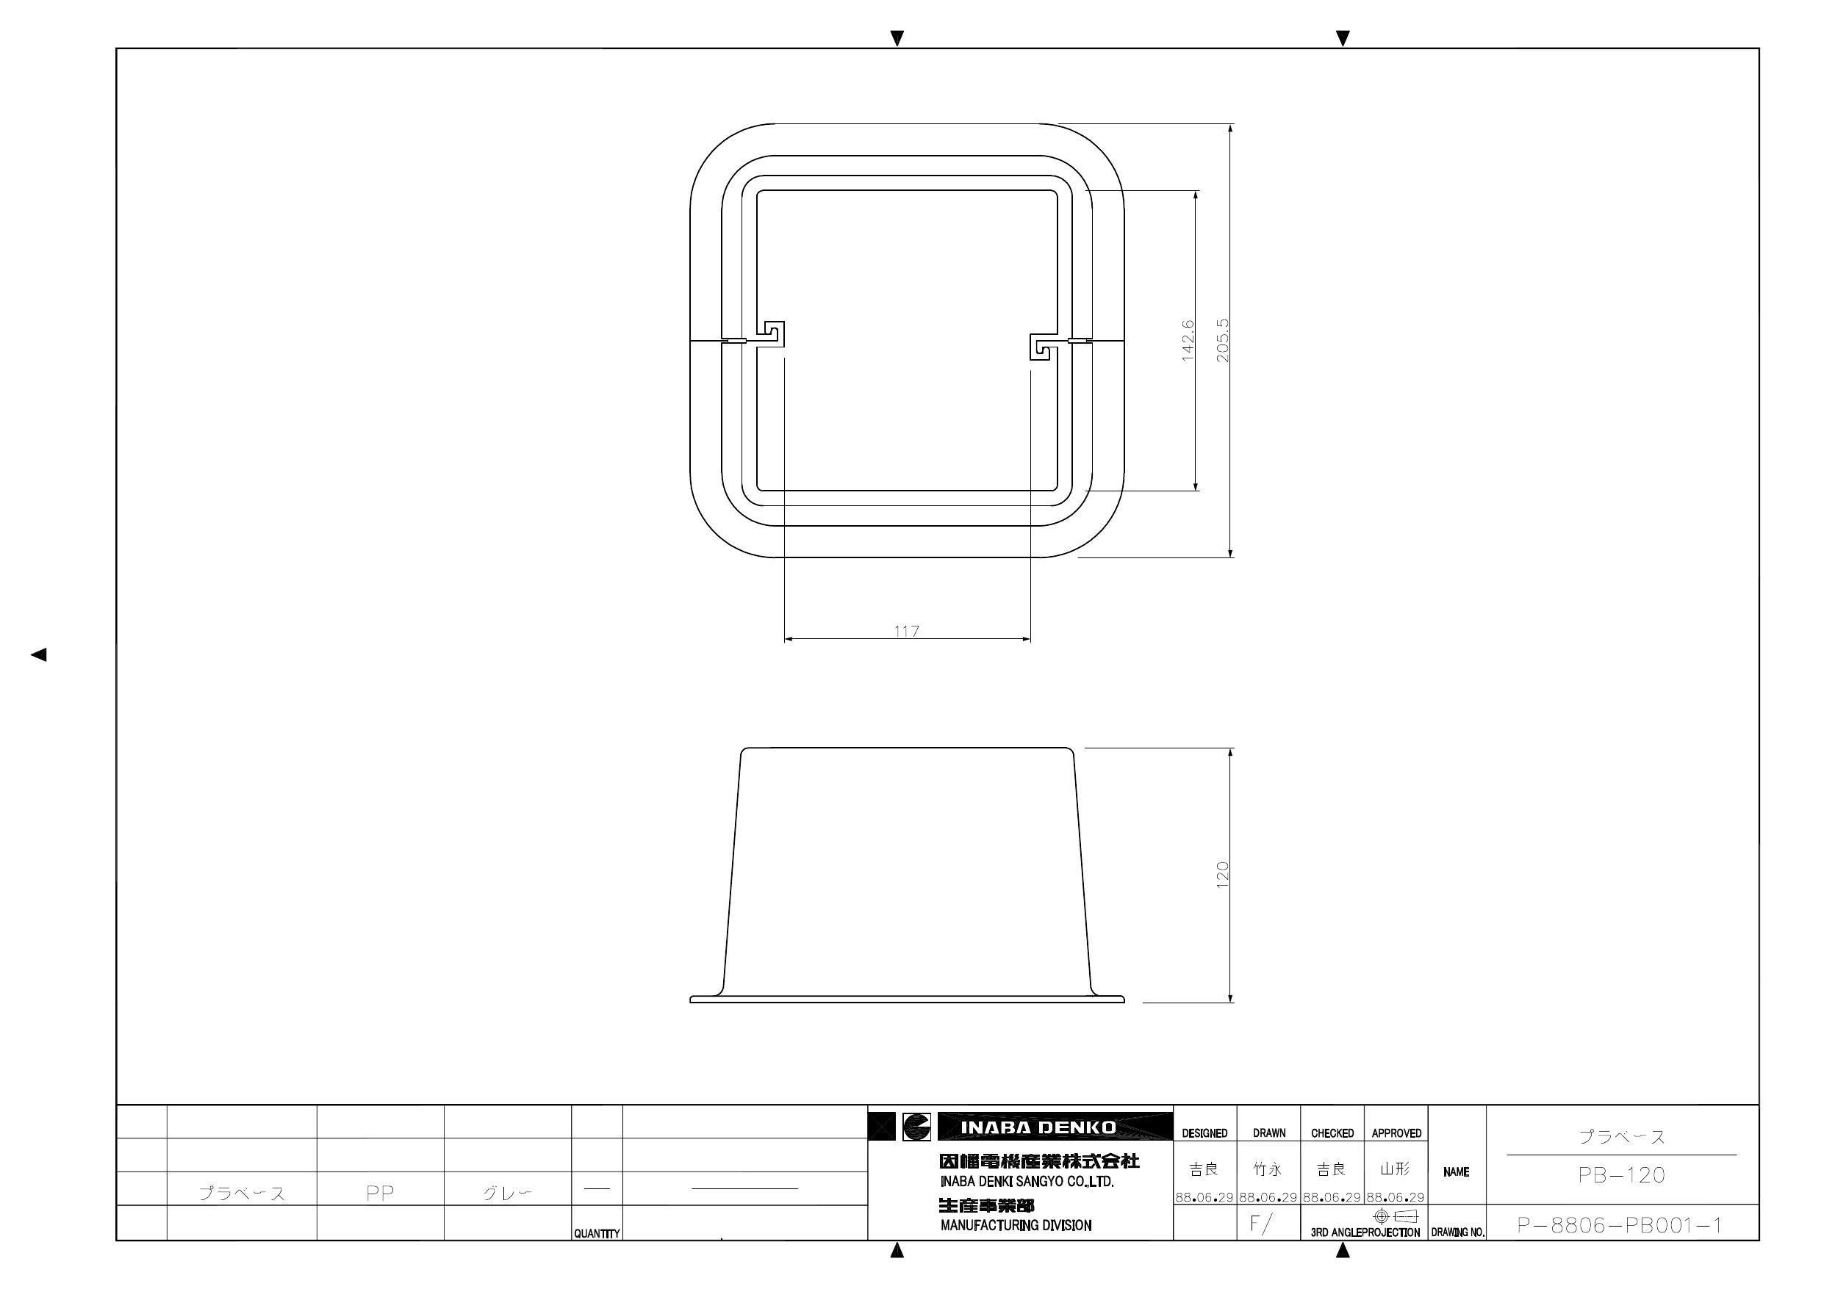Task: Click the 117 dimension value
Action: coord(906,632)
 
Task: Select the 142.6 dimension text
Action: coord(1188,341)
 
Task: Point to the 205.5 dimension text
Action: coord(1223,341)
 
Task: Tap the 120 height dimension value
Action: coord(1223,875)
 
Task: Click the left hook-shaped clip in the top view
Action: coord(774,333)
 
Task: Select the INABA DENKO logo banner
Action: coord(1038,1127)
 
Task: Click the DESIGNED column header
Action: coord(1204,1133)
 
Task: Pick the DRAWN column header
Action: coord(1268,1133)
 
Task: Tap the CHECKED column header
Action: coord(1332,1133)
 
